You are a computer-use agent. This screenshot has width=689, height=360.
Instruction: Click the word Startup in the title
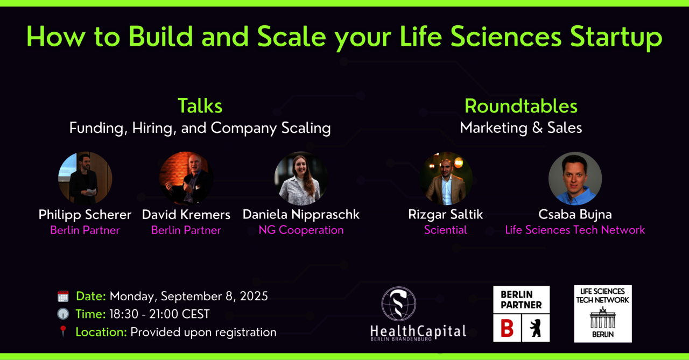616,38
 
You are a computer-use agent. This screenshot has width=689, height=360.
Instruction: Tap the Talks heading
200,106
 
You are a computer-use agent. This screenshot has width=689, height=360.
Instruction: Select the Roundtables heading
521,106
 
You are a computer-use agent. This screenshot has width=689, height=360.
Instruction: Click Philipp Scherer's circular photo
85,178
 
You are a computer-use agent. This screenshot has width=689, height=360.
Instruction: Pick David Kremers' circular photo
186,178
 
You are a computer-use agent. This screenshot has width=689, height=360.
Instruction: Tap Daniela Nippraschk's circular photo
301,178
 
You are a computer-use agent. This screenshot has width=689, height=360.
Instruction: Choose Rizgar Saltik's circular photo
446,178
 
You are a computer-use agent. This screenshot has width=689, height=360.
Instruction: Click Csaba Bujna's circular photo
575,178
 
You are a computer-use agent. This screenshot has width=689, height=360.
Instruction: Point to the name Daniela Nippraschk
301,215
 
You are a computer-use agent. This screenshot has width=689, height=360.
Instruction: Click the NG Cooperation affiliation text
301,230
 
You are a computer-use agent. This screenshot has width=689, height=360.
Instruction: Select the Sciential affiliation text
445,230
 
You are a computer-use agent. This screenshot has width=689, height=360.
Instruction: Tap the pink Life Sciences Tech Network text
575,230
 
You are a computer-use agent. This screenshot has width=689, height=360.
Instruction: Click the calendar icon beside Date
63,296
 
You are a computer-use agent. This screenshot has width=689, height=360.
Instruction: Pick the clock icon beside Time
63,314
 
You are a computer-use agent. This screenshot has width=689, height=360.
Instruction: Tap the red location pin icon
63,331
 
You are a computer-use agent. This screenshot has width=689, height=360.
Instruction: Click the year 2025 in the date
254,296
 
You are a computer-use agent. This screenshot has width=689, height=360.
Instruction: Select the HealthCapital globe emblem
399,303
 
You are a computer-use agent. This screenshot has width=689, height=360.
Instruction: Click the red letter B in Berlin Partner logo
507,328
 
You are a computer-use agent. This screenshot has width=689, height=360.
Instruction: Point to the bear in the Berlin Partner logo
536,328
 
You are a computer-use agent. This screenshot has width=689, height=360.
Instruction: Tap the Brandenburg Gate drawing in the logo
603,318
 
